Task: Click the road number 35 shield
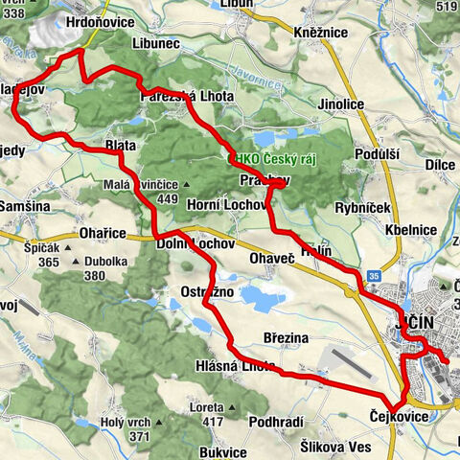375,277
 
